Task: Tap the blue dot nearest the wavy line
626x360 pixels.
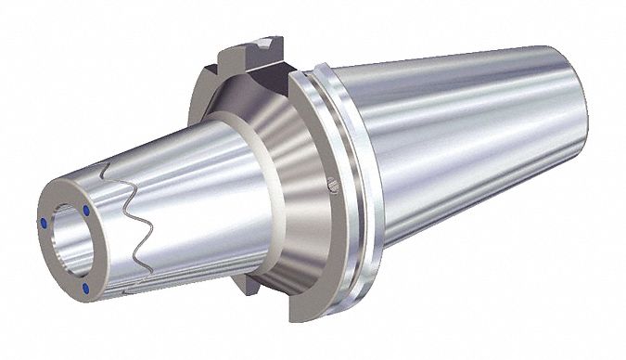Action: [87, 213]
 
